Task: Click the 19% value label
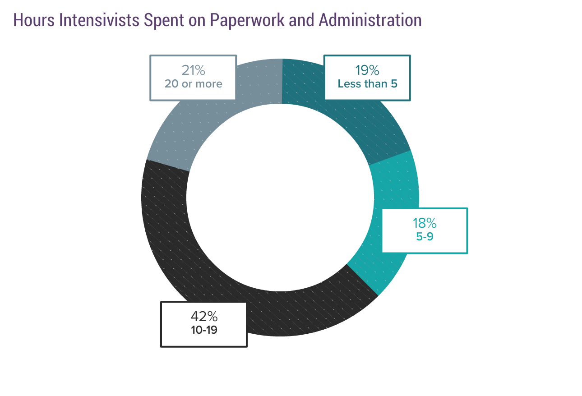tap(367, 71)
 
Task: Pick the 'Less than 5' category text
tap(367, 84)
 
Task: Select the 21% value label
tap(193, 71)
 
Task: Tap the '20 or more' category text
tap(193, 84)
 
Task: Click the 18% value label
tap(425, 223)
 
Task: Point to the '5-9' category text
tap(425, 236)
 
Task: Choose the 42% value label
tap(204, 317)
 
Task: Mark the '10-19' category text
tap(204, 330)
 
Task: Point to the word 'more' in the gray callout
tap(209, 84)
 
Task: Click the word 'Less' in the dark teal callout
tap(350, 84)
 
